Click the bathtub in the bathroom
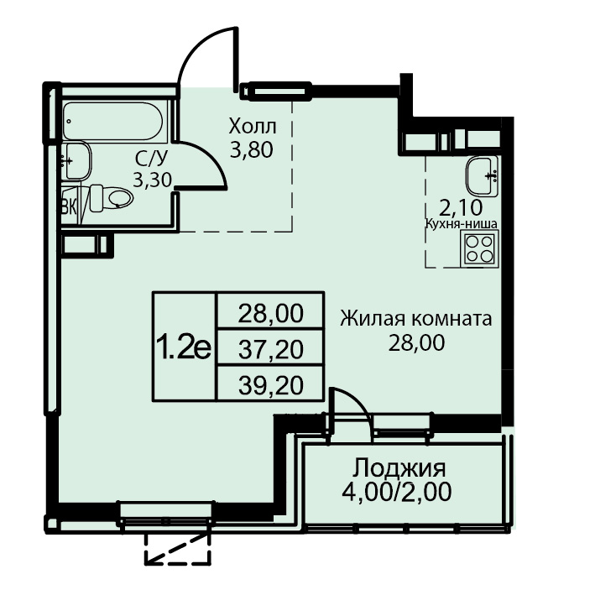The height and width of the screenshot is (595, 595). pos(113,122)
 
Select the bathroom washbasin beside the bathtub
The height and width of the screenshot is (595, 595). pos(77,161)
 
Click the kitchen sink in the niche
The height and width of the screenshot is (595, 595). pos(482,175)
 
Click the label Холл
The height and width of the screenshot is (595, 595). pos(253,127)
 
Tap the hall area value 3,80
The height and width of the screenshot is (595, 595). pos(252,150)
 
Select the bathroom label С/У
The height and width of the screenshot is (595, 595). pos(151,159)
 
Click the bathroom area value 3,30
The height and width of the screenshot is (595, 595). pos(153,180)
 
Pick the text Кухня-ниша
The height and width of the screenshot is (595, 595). pos(461,224)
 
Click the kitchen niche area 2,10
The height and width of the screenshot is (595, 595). pos(461,207)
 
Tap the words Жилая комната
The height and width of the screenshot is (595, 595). pos(416,319)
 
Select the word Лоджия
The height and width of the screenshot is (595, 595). pos(399,468)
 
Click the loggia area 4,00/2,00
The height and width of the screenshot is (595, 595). pos(397,492)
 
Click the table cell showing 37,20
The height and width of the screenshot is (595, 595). pos(270,349)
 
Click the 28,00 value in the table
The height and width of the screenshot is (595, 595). pos(270,313)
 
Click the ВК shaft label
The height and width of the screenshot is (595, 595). pos(69,207)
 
